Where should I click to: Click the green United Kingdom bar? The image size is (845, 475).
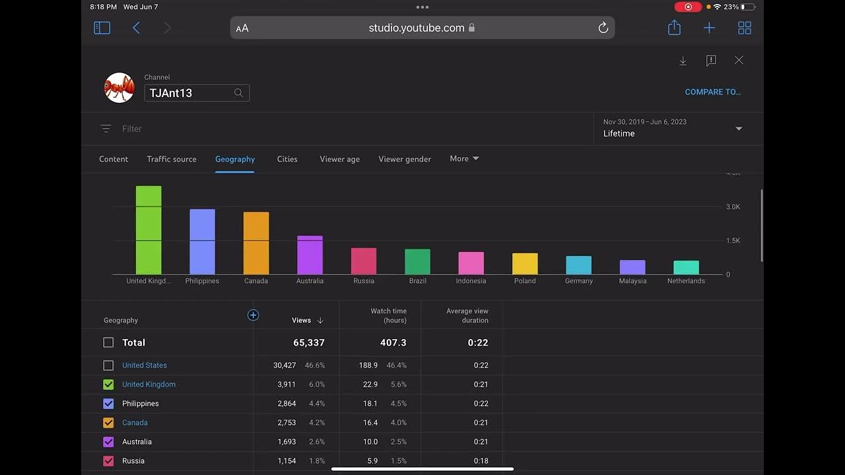click(149, 231)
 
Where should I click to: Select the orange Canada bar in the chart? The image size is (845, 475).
click(256, 243)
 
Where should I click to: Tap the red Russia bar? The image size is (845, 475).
click(364, 261)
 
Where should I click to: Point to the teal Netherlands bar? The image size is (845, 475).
click(686, 267)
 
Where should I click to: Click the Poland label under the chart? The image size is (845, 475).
click(525, 281)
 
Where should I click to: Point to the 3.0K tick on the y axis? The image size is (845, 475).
click(733, 207)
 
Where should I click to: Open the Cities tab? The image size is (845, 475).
click(287, 159)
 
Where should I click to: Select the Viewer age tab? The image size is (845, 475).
click(339, 159)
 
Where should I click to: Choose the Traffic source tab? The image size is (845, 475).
click(172, 159)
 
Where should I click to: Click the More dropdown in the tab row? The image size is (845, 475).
click(464, 159)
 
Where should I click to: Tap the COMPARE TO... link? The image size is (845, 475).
click(712, 92)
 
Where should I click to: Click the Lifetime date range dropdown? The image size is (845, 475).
click(672, 128)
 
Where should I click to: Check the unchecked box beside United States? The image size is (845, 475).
click(108, 365)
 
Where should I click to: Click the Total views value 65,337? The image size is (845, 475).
click(308, 343)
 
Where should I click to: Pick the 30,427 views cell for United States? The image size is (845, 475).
click(285, 365)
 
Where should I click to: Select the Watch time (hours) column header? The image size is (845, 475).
click(388, 315)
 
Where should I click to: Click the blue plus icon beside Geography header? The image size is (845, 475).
click(253, 315)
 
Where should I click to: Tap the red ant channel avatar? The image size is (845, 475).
click(119, 88)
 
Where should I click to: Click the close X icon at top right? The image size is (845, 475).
click(739, 61)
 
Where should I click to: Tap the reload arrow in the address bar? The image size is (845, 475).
click(603, 28)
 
